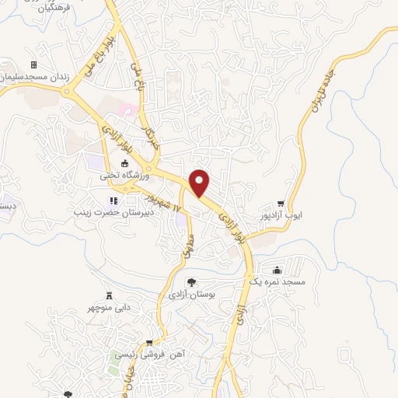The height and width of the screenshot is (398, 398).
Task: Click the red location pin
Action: pyautogui.click(x=201, y=182)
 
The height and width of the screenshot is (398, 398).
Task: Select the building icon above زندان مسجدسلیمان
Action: pyautogui.click(x=33, y=65)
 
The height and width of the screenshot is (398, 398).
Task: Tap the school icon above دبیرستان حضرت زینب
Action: pyautogui.click(x=115, y=201)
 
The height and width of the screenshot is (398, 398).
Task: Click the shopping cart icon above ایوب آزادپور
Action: pyautogui.click(x=292, y=204)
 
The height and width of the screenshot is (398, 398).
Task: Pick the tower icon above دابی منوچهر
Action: pyautogui.click(x=110, y=295)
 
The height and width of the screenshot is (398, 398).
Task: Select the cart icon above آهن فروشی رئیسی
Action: pyautogui.click(x=148, y=343)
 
